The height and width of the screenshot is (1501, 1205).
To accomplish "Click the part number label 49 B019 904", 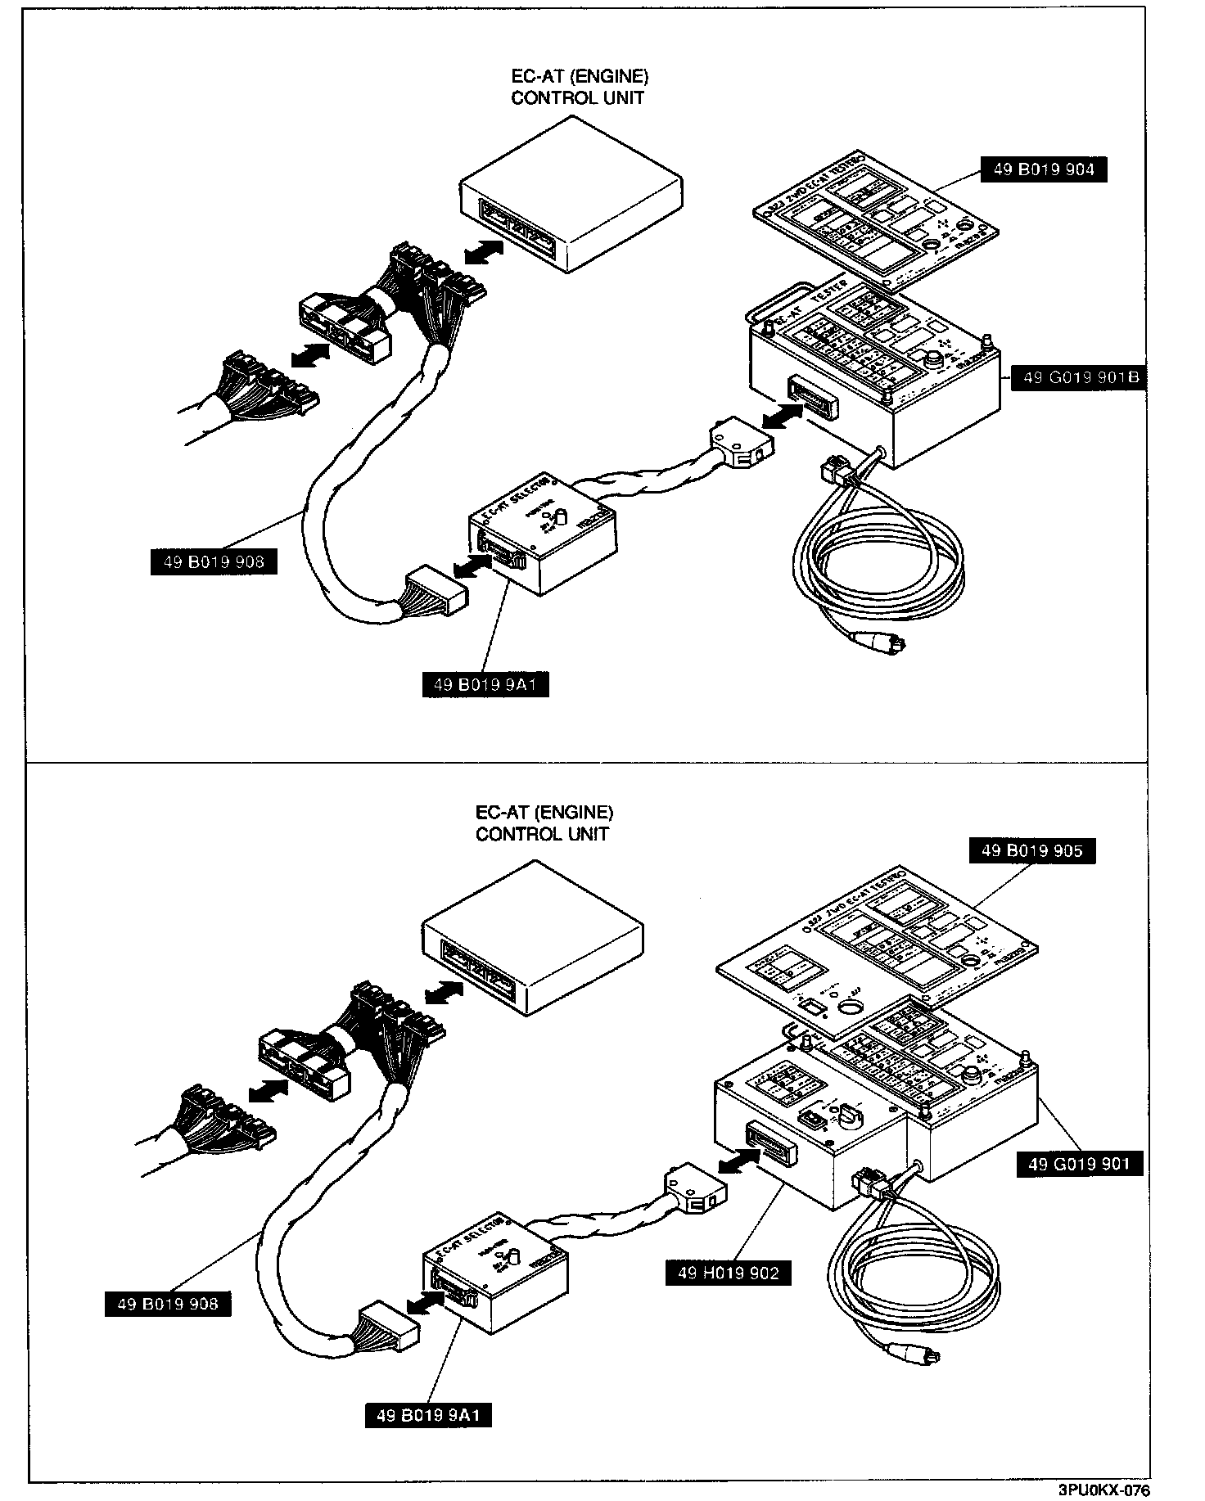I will (x=1044, y=169).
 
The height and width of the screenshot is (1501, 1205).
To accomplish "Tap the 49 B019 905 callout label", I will (x=1031, y=850).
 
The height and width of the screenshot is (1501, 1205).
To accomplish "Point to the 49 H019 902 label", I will (x=729, y=1273).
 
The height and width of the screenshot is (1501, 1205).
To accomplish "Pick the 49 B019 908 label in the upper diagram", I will (x=214, y=561).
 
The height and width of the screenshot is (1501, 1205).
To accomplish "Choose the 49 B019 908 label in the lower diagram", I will (x=168, y=1304).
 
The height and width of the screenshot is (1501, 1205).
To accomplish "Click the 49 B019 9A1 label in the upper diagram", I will (x=485, y=683).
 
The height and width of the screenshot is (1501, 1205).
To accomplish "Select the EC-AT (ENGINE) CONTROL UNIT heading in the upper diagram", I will (x=579, y=87).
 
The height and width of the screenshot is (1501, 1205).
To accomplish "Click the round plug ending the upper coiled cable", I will (x=883, y=646).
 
